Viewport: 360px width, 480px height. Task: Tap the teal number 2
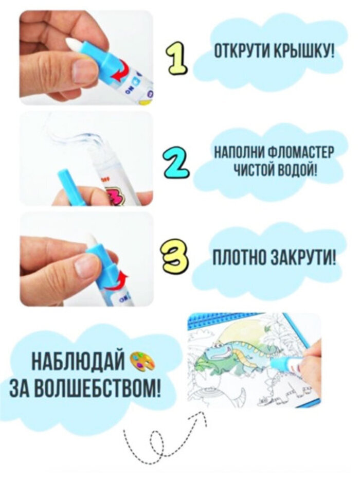175,163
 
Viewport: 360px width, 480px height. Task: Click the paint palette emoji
142,361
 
